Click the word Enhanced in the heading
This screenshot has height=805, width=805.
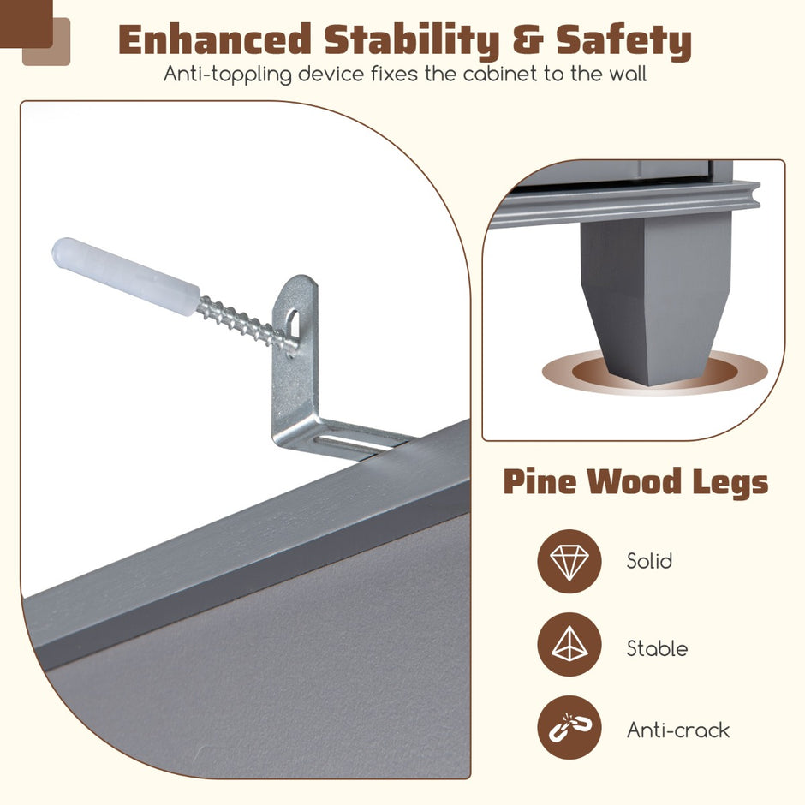click(215, 40)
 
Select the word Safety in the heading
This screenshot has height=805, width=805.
click(623, 41)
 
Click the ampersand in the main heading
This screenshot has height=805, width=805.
click(528, 40)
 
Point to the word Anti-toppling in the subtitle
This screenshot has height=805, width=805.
click(228, 75)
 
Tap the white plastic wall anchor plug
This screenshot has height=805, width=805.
click(126, 277)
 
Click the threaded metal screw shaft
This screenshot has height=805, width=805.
click(247, 322)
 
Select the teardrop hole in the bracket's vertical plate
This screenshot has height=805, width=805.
click(292, 323)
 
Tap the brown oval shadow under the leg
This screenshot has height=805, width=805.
click(654, 372)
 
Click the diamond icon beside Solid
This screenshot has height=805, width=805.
click(569, 561)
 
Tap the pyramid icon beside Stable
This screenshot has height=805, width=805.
click(569, 644)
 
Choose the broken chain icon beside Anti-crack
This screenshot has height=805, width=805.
click(569, 727)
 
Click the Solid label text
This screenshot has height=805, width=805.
click(649, 561)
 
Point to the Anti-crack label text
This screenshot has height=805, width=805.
click(677, 730)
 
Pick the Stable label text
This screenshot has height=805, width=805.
click(657, 648)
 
